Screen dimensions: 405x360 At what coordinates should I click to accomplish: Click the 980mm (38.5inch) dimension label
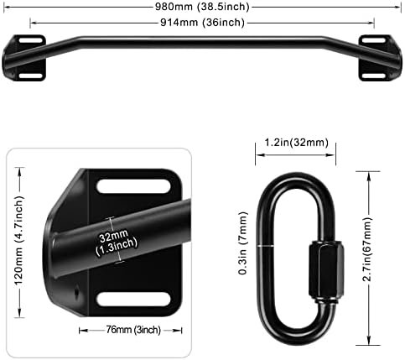pos(202,7)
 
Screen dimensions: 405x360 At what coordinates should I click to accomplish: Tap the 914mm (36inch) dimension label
pos(202,23)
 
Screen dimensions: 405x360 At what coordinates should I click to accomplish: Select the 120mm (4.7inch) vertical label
pos(19,241)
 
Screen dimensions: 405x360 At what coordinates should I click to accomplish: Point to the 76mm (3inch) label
pos(133,330)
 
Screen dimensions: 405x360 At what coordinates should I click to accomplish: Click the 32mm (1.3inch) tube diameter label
pos(117,241)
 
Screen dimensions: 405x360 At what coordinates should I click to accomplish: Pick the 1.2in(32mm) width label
pos(296,143)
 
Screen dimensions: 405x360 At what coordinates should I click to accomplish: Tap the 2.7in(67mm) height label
pos(367,249)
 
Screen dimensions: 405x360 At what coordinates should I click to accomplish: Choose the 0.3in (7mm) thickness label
pos(243,243)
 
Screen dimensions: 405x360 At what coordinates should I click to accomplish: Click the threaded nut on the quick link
pos(326,271)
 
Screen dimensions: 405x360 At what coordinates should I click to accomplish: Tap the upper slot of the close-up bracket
pos(133,186)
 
